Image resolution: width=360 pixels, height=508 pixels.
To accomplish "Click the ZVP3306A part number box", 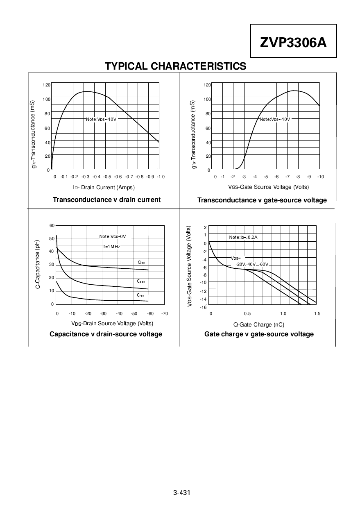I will click(x=293, y=41).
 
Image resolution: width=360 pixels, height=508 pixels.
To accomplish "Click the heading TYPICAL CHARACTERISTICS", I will click(x=176, y=66).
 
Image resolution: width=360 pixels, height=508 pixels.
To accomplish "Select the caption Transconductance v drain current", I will click(x=106, y=200).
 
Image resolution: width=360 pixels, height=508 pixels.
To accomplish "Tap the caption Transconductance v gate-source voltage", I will click(x=262, y=200).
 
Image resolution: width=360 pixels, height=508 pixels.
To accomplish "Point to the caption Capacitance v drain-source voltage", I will click(x=106, y=334).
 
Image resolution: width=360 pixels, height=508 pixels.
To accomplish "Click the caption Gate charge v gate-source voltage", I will click(x=259, y=334).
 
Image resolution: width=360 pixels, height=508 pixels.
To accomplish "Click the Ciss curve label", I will click(x=141, y=262).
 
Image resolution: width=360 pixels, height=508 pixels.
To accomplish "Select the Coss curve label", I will click(x=141, y=281).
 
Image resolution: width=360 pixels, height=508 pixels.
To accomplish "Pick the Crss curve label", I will click(x=140, y=295).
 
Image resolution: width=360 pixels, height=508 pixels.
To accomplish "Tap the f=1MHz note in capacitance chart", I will click(x=112, y=247).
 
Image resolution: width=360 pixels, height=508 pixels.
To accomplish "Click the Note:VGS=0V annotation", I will click(x=112, y=236).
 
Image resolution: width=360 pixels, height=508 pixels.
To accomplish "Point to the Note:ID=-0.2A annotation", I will click(x=243, y=237).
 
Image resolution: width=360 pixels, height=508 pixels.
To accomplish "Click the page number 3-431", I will click(x=182, y=492).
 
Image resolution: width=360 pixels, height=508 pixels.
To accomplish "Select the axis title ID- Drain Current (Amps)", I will click(x=104, y=187).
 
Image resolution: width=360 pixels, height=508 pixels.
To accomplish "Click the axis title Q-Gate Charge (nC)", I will click(x=258, y=324).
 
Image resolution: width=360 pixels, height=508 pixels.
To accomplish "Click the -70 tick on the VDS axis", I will click(x=165, y=313).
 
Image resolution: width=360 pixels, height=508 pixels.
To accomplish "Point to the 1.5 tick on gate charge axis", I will click(x=317, y=313).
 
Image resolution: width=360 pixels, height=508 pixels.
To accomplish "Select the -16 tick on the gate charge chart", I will click(x=203, y=307).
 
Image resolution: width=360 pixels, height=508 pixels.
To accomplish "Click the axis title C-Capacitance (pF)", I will click(x=38, y=265).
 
